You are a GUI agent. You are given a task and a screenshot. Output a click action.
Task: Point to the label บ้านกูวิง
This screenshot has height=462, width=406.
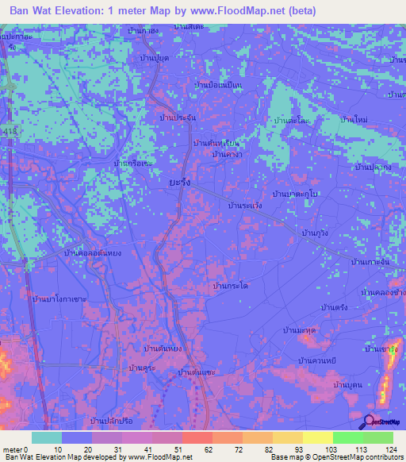click(320, 232)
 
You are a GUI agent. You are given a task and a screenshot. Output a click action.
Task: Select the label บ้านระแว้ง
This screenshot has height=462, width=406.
click(245, 205)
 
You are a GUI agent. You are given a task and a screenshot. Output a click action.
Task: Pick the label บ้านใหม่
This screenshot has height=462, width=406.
click(354, 119)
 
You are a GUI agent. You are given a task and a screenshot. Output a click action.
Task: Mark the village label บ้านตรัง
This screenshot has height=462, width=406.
click(334, 306)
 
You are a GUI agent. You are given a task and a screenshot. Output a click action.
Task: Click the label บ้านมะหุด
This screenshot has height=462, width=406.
click(300, 329)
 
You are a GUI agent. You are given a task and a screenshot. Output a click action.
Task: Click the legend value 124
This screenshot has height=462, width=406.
click(389, 449)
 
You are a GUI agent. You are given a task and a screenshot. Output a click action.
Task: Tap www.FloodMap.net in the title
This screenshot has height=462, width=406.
click(236, 11)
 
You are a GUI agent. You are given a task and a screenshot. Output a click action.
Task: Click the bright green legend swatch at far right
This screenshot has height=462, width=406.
click(378, 437)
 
